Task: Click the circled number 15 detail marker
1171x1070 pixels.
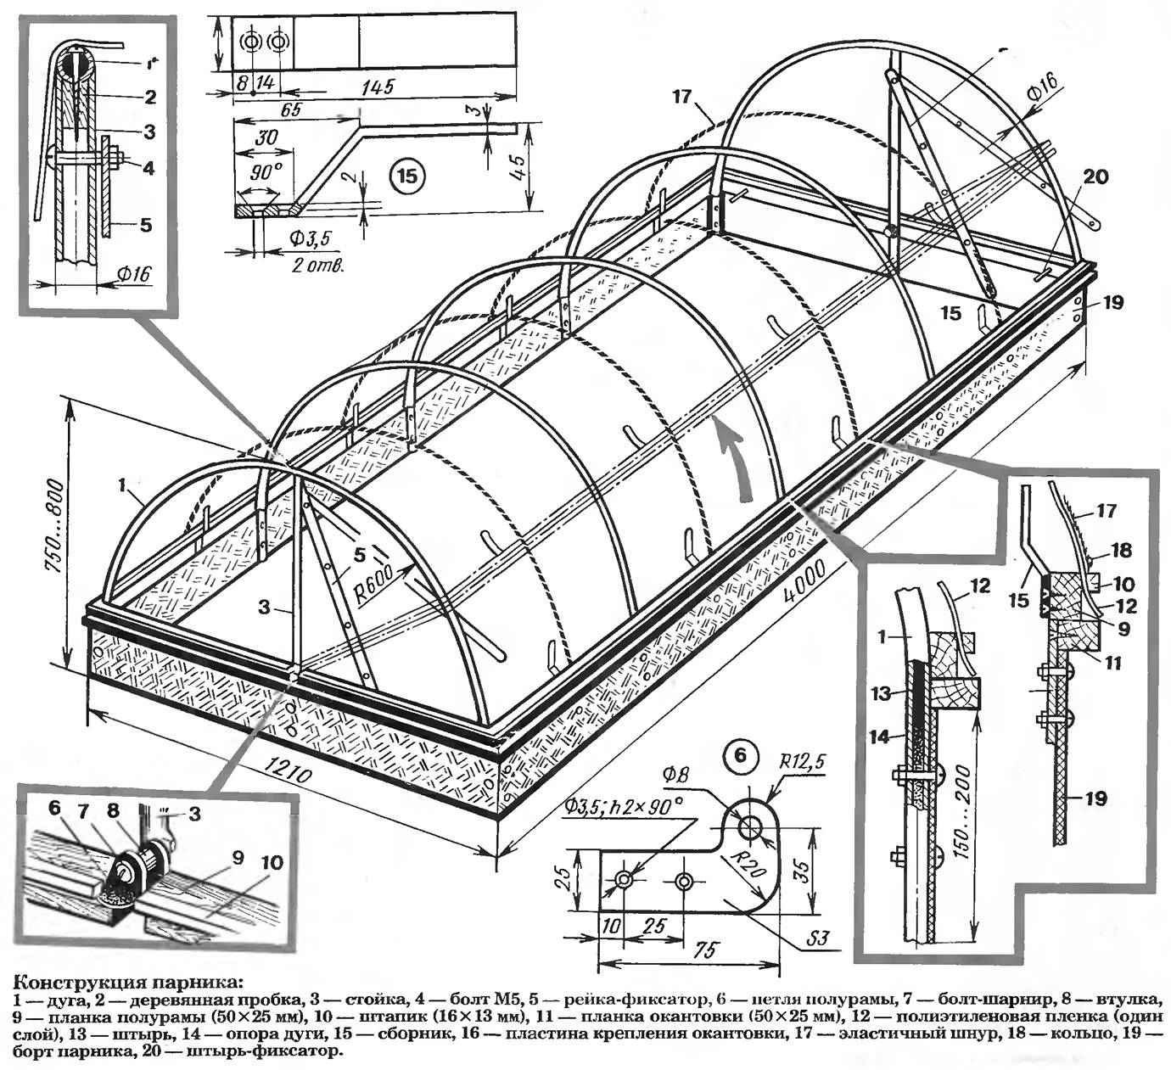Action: [406, 176]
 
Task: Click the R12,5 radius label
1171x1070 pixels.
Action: [803, 763]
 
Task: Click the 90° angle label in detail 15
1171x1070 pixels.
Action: [265, 171]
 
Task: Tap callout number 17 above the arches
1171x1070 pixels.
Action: [682, 97]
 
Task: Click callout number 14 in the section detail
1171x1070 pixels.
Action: [880, 737]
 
